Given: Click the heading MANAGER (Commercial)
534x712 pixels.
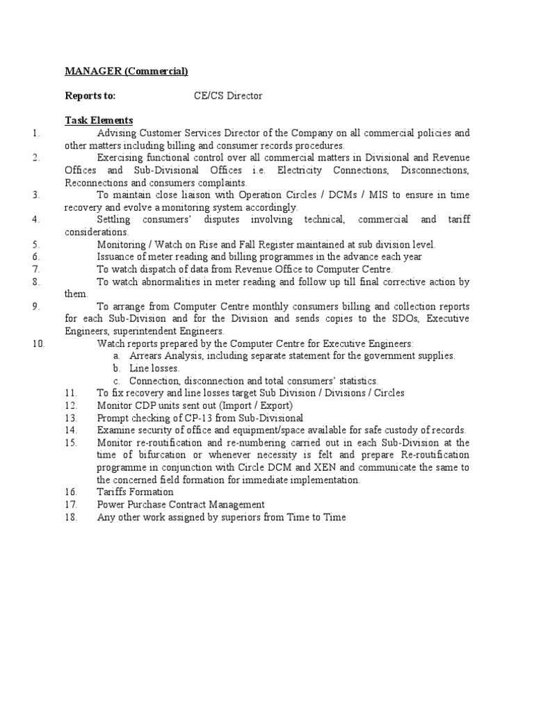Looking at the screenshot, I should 127,71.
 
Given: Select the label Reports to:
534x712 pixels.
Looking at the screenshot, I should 90,96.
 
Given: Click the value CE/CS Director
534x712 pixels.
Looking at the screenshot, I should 228,96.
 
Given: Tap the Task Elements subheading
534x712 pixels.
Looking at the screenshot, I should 99,121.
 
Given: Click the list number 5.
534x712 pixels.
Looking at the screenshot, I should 36,245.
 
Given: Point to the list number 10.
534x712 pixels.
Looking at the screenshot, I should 38,343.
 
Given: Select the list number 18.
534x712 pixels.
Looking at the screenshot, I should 70,517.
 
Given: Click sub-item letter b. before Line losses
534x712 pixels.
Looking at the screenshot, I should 117,369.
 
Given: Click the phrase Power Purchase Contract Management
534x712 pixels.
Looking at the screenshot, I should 181,505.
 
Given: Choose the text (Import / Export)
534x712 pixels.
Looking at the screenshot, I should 257,405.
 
